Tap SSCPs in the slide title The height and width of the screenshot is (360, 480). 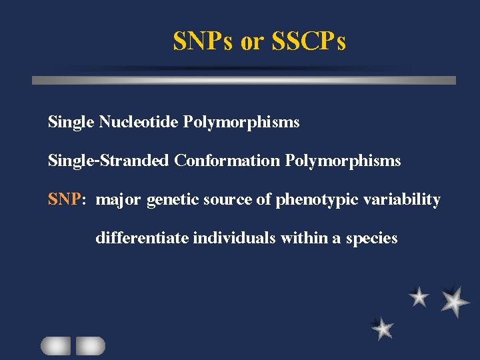pos(308,42)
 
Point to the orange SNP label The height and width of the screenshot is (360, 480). pos(64,199)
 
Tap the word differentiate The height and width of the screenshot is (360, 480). pos(143,238)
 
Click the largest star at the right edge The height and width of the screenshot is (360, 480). pos(455,301)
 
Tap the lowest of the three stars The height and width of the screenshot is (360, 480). pos(382,328)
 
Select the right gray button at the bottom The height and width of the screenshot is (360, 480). pos(91,345)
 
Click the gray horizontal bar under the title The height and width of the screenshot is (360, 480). pos(244,80)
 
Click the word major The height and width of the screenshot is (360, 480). pos(119,200)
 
